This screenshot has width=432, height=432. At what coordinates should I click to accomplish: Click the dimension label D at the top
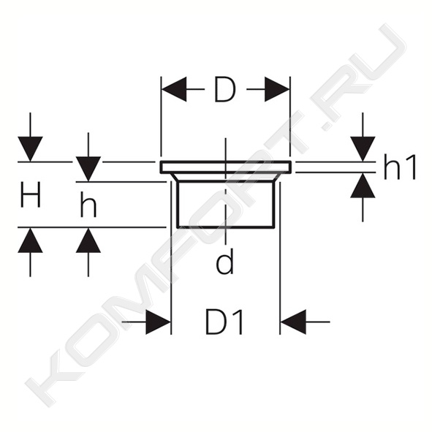point(225,89)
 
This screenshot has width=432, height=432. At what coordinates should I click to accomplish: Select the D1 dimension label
point(225,322)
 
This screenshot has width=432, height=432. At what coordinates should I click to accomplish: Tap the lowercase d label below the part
point(225,261)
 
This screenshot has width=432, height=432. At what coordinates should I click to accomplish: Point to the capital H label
point(31,194)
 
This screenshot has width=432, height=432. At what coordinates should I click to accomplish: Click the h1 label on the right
point(400,167)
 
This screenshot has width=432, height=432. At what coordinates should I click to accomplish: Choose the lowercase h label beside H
point(88,204)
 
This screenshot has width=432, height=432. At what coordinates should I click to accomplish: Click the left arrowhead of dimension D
point(174,89)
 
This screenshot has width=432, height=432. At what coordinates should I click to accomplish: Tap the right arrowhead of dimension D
point(277,89)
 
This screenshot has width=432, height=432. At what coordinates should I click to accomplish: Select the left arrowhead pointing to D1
point(158,322)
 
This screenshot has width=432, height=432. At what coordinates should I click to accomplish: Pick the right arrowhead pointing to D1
point(293,322)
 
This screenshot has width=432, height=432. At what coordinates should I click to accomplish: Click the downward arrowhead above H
point(30,149)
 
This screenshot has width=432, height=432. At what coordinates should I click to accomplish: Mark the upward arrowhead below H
point(30,240)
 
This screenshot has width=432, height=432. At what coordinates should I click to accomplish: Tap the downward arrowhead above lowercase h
point(88,169)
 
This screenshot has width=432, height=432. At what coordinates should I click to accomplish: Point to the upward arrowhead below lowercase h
point(88,240)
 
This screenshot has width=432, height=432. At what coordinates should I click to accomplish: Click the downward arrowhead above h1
point(363,149)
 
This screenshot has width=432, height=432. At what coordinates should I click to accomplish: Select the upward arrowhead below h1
point(363,186)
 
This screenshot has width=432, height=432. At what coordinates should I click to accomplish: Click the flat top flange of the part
point(225,167)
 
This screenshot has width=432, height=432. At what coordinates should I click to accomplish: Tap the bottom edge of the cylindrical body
point(226,227)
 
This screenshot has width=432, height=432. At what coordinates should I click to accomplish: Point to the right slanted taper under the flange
point(277,177)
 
